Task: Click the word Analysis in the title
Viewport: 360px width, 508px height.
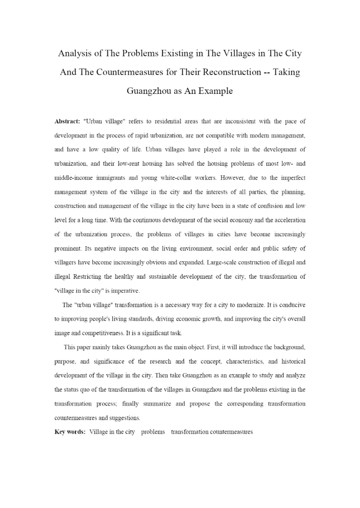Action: click(x=76, y=52)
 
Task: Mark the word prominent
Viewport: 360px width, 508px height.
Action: click(x=69, y=248)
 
